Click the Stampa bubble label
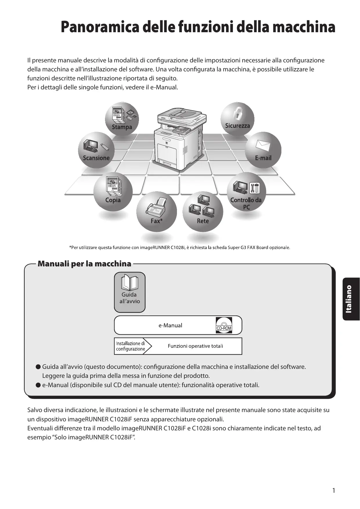[x=122, y=127]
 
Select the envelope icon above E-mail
[x=263, y=145]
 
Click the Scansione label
[x=96, y=158]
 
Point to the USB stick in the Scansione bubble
[x=104, y=147]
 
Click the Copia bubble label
[x=113, y=200]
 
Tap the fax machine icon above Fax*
[x=157, y=206]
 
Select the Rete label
[x=203, y=221]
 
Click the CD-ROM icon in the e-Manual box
[x=224, y=325]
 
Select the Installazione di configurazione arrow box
[x=131, y=346]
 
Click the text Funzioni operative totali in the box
[x=195, y=346]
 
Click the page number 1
[x=334, y=490]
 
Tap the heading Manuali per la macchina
[x=84, y=264]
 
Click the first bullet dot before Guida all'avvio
[x=38, y=367]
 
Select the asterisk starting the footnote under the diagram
[x=70, y=247]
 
